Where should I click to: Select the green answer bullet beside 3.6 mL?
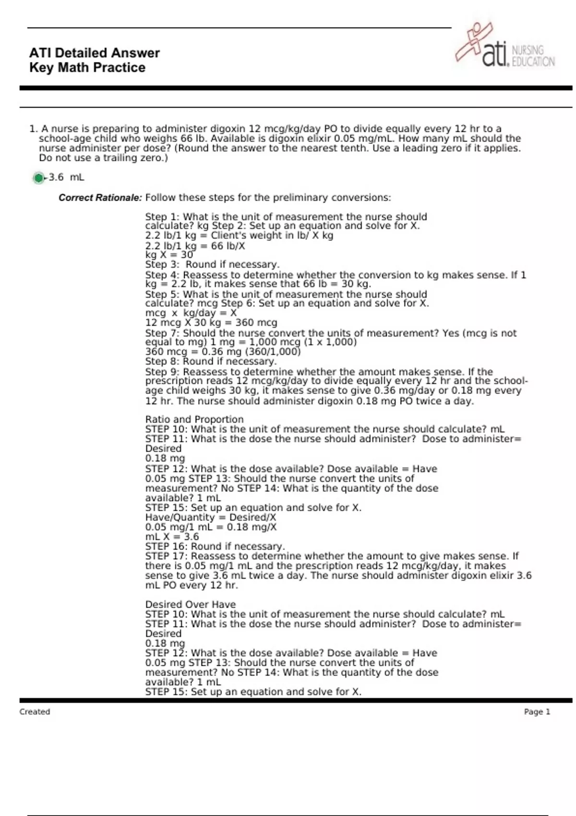tap(38, 178)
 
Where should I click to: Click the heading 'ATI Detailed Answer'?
tap(95, 53)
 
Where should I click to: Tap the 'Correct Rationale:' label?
tap(100, 198)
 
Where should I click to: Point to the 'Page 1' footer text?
tap(537, 712)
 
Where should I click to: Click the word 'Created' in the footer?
tap(35, 712)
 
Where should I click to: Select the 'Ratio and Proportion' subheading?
tap(194, 419)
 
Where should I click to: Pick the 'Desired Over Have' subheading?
tap(191, 604)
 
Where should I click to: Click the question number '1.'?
tap(33, 129)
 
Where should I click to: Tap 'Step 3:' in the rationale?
tap(162, 264)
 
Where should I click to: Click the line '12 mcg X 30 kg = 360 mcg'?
tap(211, 323)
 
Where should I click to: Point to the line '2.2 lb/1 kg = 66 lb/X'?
tap(195, 246)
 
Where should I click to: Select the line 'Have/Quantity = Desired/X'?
tap(211, 517)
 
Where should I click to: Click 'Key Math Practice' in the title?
tap(87, 68)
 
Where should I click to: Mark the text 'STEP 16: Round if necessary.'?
tap(215, 546)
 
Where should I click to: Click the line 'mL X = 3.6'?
tap(172, 537)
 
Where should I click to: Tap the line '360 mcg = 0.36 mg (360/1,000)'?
tap(223, 351)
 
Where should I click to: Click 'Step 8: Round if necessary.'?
tap(211, 361)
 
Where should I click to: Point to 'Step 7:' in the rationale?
tap(162, 333)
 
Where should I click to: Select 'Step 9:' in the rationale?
tap(162, 372)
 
